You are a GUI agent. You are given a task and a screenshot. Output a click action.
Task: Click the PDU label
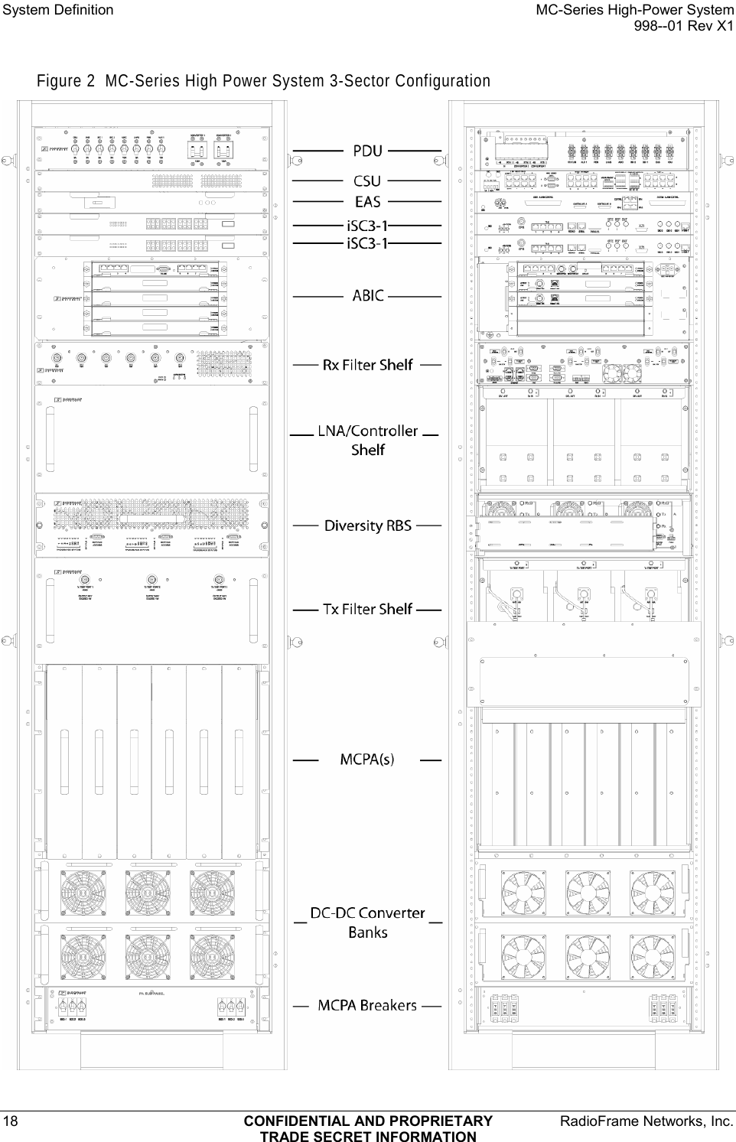click(367, 151)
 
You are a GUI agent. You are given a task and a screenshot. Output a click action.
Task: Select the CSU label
click(367, 182)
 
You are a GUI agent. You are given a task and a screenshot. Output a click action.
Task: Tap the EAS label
click(367, 202)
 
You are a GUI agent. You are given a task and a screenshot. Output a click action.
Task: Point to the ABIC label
click(367, 295)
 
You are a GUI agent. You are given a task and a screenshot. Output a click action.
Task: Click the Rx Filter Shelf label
click(367, 365)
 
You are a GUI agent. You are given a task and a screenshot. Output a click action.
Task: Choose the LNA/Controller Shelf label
click(367, 440)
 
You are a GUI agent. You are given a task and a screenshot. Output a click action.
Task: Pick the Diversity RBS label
click(367, 526)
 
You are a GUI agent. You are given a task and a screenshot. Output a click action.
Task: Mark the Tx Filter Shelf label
click(367, 609)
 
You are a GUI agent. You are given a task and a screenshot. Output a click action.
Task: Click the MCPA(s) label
click(367, 760)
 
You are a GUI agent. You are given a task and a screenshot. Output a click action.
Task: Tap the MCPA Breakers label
click(367, 1005)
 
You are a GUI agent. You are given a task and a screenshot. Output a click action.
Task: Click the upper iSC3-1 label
click(367, 226)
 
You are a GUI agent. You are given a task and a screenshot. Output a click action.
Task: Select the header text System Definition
click(58, 10)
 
